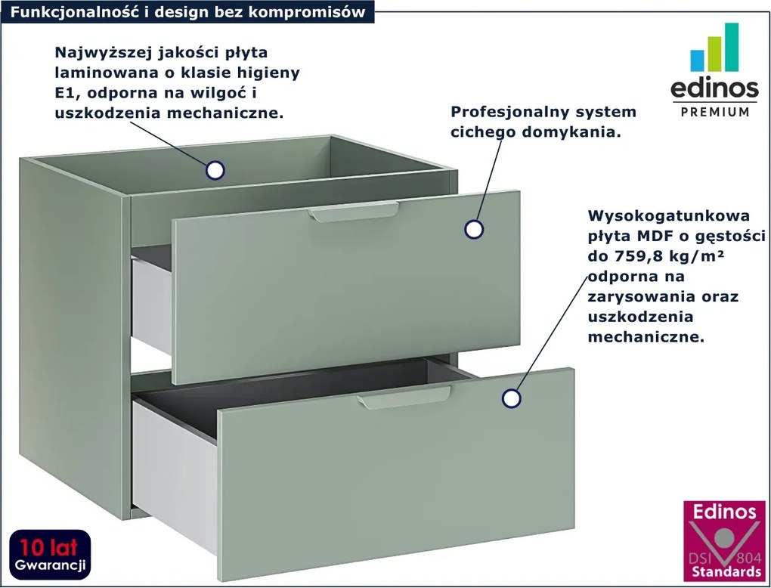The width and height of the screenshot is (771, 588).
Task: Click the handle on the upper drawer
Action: pyautogui.click(x=354, y=212)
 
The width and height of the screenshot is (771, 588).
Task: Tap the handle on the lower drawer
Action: pyautogui.click(x=404, y=398)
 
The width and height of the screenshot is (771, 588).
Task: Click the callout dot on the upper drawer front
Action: pyautogui.click(x=474, y=229)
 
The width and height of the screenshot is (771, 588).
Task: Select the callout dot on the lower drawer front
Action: pyautogui.click(x=512, y=398)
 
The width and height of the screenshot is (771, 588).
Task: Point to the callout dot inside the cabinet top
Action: pyautogui.click(x=215, y=170)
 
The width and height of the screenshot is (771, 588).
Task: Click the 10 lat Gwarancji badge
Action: pyautogui.click(x=50, y=556)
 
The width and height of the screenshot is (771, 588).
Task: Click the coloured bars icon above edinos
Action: pyautogui.click(x=714, y=47)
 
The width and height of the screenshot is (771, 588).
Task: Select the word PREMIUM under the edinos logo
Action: pyautogui.click(x=715, y=112)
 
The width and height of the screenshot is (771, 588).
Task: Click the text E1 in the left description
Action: pyautogui.click(x=65, y=93)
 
